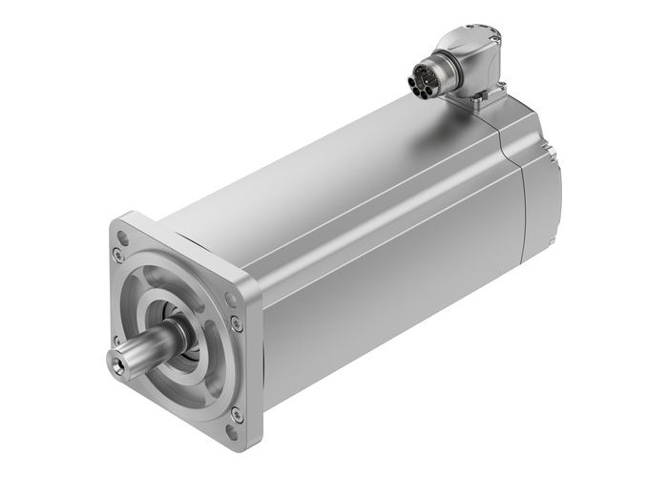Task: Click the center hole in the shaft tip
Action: [115, 365]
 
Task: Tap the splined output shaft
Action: [138, 351]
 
